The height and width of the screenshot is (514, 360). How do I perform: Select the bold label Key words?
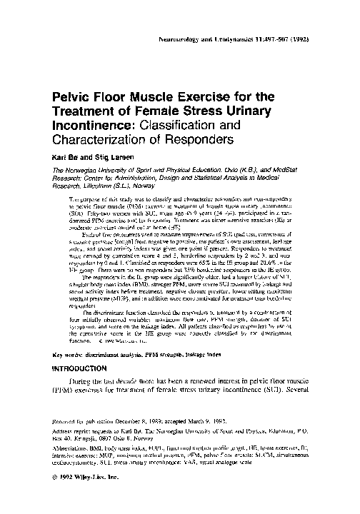[70, 355]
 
